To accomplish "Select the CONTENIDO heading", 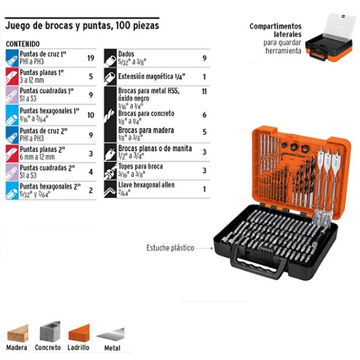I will pyautogui.click(x=22, y=44).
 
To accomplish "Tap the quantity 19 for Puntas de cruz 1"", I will pyautogui.click(x=91, y=58).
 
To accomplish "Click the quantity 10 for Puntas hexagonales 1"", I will pyautogui.click(x=91, y=115).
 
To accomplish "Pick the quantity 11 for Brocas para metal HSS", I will pyautogui.click(x=204, y=91).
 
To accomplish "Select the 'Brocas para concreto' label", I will pyautogui.click(x=147, y=113).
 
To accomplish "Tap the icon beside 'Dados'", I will pyautogui.click(x=110, y=58).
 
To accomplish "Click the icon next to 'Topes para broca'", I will pyautogui.click(x=110, y=171).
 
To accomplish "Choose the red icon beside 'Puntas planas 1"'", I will pyautogui.click(x=11, y=77).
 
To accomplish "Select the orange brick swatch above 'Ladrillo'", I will pyautogui.click(x=79, y=332).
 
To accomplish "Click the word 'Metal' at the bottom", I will pyautogui.click(x=111, y=348).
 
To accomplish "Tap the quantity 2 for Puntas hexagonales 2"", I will pyautogui.click(x=91, y=190).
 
